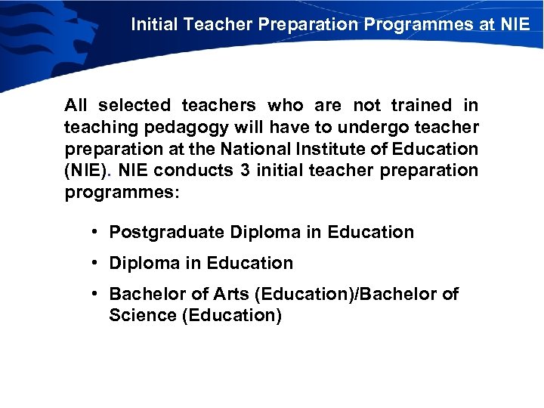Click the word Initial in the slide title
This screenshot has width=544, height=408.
pyautogui.click(x=153, y=24)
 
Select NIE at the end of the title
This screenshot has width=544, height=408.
pyautogui.click(x=515, y=24)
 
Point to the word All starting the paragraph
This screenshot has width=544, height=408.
pyautogui.click(x=76, y=106)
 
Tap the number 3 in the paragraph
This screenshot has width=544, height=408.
pyautogui.click(x=245, y=171)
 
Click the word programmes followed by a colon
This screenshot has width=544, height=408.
pyautogui.click(x=121, y=193)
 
